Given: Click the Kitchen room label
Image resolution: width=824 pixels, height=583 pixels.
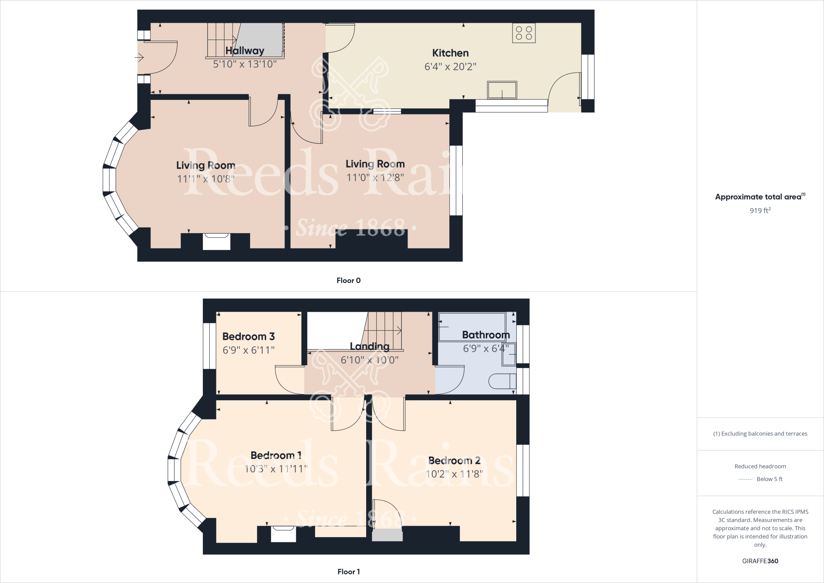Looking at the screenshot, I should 450,53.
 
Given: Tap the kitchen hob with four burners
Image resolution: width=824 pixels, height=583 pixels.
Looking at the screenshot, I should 524,33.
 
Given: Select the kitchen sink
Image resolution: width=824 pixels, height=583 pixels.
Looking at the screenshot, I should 502,90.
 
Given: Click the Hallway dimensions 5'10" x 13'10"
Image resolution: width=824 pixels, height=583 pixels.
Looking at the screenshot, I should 245,64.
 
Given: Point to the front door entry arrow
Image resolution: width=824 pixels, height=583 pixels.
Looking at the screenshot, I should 139,58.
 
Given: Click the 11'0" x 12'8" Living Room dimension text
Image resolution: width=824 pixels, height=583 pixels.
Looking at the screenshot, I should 375,178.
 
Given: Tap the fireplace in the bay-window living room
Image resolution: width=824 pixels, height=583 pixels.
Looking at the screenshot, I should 216,242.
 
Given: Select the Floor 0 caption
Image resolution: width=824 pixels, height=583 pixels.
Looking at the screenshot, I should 348,281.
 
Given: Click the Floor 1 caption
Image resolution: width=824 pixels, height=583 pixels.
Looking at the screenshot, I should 348,572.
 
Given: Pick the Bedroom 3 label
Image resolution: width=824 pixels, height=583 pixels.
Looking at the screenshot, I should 248,337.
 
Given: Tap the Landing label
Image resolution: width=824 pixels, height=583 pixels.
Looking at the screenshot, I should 369,346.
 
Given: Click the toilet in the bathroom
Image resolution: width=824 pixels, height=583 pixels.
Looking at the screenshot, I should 502,381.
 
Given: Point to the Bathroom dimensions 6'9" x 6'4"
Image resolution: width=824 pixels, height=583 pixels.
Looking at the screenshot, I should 486,349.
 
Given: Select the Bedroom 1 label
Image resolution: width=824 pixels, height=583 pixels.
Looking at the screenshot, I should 276,455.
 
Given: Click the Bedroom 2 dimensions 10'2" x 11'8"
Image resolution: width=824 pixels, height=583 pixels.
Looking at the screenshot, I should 454,474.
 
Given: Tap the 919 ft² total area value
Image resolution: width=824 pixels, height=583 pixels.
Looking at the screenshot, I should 760,211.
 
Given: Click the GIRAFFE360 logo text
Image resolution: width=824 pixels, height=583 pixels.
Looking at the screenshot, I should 760,561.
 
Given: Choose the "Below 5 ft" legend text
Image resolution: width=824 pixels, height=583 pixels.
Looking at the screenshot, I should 769,479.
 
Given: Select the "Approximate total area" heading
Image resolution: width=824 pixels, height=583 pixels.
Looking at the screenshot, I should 758,197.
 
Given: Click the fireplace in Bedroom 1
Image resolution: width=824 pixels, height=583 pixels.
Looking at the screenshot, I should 284,534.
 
